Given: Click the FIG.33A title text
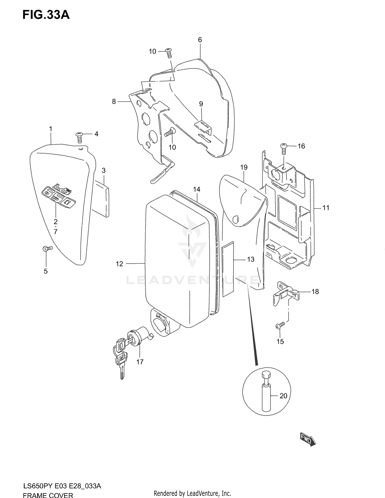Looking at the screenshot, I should coord(46,15).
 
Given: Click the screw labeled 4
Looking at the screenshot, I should coord(79,138).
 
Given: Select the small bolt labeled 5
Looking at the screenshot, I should coord(47,248).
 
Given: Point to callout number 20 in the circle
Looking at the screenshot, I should coord(283,396).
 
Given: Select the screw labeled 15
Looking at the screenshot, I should coord(280,325).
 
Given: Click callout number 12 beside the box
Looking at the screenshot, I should coord(119,264).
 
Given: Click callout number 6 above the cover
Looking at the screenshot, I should coord(200,40).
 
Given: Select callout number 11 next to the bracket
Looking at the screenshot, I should coord(326,208).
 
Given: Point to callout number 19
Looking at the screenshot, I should coord(244,167).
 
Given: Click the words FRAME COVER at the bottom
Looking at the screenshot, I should coord(48,495).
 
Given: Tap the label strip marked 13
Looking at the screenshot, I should coord(228,268).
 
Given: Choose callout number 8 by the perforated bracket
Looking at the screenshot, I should coord(114,102).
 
